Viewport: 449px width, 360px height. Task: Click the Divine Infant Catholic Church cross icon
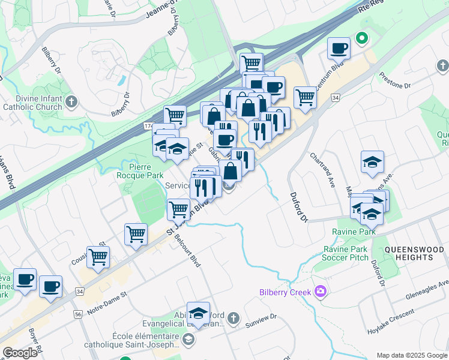[x=72, y=101]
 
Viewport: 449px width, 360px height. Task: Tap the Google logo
[x=20, y=353]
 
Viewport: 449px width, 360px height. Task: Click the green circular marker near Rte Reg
[x=361, y=39]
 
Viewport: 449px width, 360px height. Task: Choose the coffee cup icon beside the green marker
[x=339, y=48]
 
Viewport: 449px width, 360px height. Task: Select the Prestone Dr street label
[x=396, y=81]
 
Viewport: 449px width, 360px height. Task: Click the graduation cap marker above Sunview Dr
[x=198, y=313]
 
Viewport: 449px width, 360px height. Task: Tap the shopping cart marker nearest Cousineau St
[x=98, y=257]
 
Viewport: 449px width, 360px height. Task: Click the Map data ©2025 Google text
[x=411, y=355]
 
